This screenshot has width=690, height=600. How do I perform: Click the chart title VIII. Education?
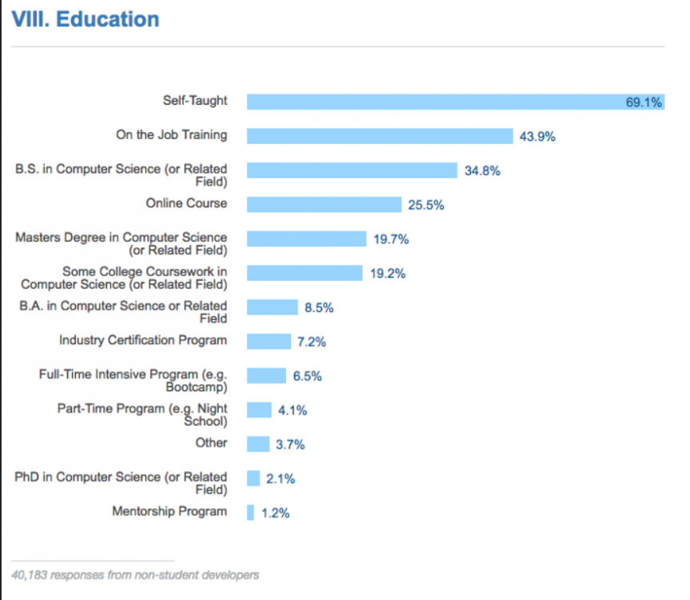click(85, 19)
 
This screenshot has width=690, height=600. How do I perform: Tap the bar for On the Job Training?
click(379, 136)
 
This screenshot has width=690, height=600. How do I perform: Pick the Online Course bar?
click(324, 205)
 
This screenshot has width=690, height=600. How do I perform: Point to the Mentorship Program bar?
click(250, 513)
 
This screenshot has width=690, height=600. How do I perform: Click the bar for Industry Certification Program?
click(269, 342)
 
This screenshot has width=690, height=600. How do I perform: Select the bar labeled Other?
click(257, 444)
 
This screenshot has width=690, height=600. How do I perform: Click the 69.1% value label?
click(643, 102)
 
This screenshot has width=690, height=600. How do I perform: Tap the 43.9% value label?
click(537, 137)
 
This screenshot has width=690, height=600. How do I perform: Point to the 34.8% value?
click(482, 170)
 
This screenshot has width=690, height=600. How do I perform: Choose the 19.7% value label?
click(391, 239)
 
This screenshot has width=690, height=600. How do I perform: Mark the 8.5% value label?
click(319, 307)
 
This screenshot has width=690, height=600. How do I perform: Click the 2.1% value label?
click(281, 479)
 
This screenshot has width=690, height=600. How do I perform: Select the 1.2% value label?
click(275, 514)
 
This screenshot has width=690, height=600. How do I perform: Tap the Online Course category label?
click(186, 203)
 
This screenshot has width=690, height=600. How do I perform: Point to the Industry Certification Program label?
click(143, 340)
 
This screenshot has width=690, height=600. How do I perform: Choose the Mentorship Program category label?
click(170, 511)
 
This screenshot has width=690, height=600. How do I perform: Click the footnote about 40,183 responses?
click(135, 574)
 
